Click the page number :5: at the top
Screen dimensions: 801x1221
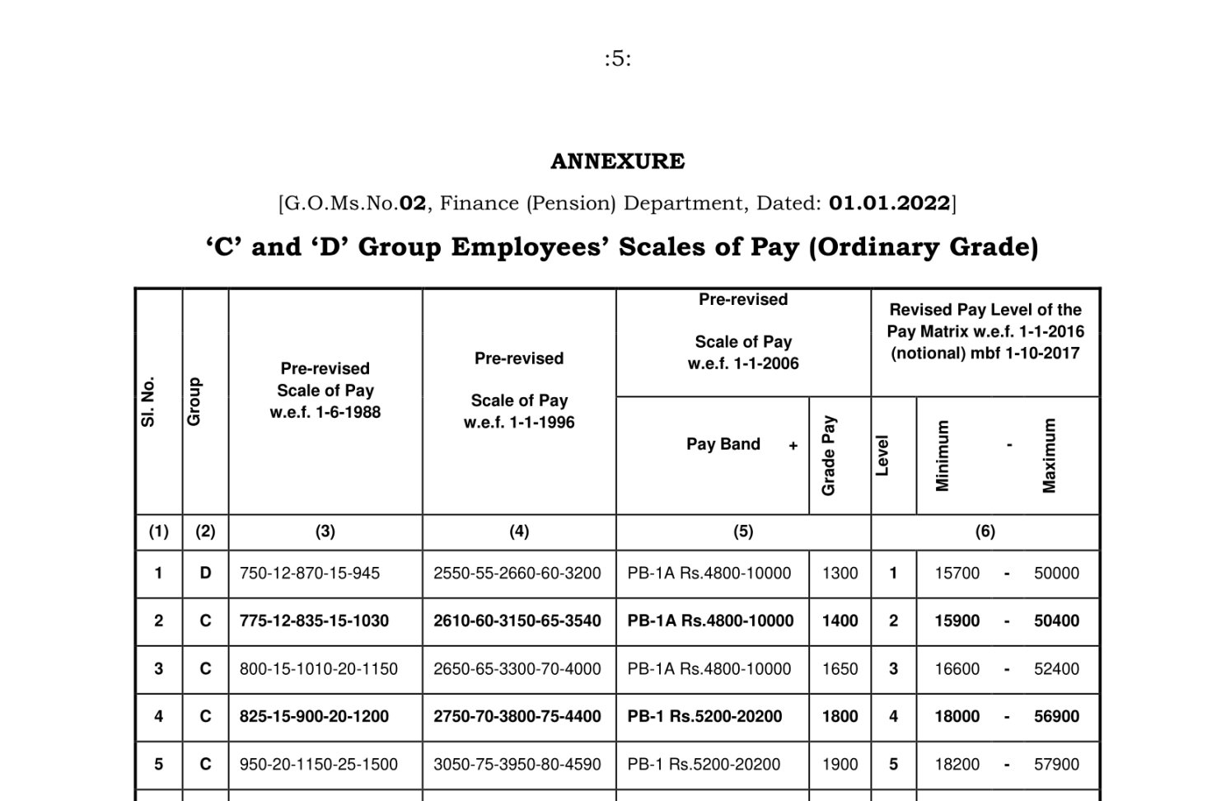point(617,59)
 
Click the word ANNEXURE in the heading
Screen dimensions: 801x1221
point(617,161)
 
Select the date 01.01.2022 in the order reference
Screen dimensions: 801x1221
point(890,203)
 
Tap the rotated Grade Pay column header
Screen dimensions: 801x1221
point(829,456)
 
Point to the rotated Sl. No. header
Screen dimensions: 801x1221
point(149,402)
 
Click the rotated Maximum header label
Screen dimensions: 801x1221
point(1049,456)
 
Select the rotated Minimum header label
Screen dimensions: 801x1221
point(943,456)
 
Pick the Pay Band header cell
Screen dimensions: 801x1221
point(723,444)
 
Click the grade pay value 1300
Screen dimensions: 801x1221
point(840,574)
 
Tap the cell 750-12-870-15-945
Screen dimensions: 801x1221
point(310,574)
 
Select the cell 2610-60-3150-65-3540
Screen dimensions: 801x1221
point(517,621)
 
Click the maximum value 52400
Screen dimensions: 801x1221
point(1056,669)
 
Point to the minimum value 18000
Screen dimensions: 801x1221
point(957,717)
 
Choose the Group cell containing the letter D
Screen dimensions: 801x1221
point(205,574)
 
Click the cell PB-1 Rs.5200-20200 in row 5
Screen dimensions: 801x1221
point(704,765)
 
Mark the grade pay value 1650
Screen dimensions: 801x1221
point(840,669)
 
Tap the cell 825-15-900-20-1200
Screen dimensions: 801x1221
point(314,717)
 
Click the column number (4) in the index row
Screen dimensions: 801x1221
point(519,532)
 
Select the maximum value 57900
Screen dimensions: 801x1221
point(1056,765)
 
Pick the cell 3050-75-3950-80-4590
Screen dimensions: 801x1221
point(517,765)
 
